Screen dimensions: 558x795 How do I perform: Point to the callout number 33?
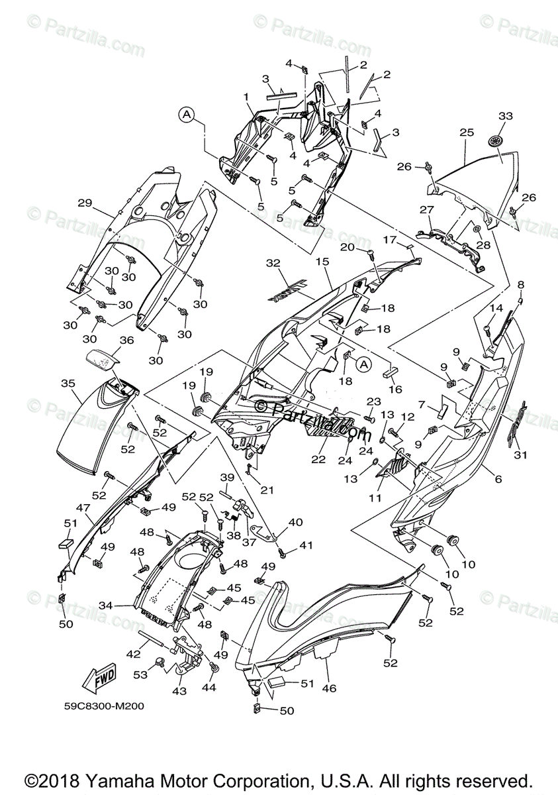pos(505,116)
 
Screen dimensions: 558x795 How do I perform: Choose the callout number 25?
pos(467,132)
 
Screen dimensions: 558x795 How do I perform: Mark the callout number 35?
pos(67,383)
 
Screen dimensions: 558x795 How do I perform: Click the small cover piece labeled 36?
pos(101,360)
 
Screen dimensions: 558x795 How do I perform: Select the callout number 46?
pos(329,689)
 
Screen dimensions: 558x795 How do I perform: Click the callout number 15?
pos(322,262)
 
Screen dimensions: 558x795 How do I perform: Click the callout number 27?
pos(426,210)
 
